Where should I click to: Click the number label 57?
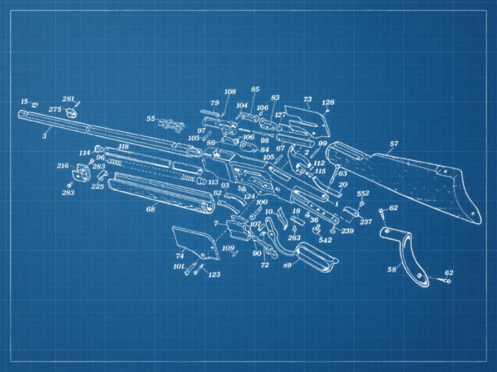click(394, 144)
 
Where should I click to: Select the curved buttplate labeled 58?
click(409, 256)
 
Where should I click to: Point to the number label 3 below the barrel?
click(45, 135)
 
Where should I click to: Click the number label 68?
click(150, 210)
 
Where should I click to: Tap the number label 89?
click(288, 265)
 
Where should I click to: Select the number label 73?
click(308, 98)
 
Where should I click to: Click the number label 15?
click(24, 101)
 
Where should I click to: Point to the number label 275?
click(55, 109)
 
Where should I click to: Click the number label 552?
click(363, 194)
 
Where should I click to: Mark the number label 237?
click(366, 222)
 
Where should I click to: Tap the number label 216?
click(63, 166)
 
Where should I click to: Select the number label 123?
click(214, 275)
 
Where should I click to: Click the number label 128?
click(328, 102)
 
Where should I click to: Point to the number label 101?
click(179, 266)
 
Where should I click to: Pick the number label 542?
click(325, 240)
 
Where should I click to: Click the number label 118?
click(124, 146)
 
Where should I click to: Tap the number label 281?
click(68, 99)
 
